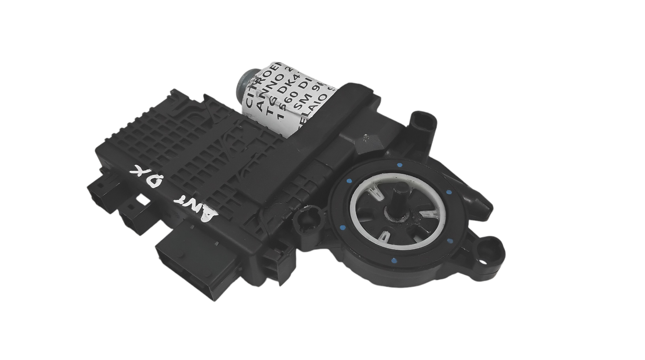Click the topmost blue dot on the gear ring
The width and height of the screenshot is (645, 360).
400,165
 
